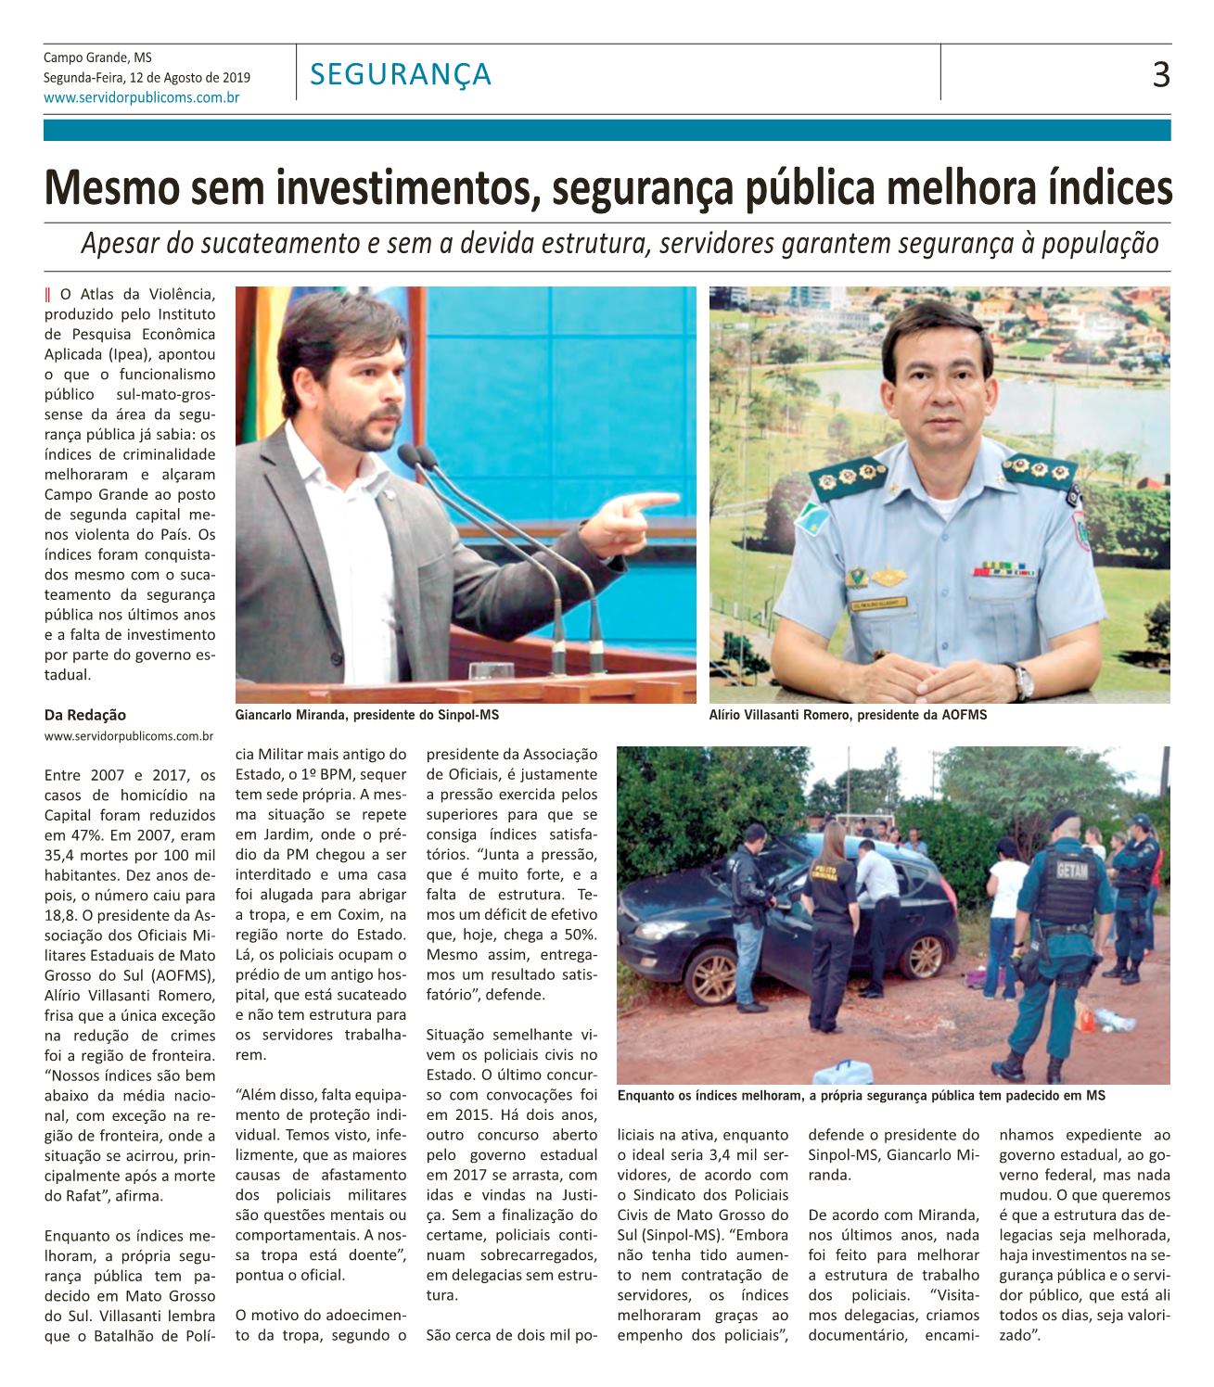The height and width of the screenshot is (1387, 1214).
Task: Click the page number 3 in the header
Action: pos(1160,73)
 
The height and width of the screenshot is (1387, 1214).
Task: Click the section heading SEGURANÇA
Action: pos(401,73)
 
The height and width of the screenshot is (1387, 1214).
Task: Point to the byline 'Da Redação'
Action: pos(85,715)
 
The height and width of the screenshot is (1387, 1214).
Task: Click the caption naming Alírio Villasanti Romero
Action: pos(848,716)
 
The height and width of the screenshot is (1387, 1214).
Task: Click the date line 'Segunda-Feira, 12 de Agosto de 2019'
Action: pos(147,78)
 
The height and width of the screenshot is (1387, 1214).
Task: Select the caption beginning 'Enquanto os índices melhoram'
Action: pos(862,1095)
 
